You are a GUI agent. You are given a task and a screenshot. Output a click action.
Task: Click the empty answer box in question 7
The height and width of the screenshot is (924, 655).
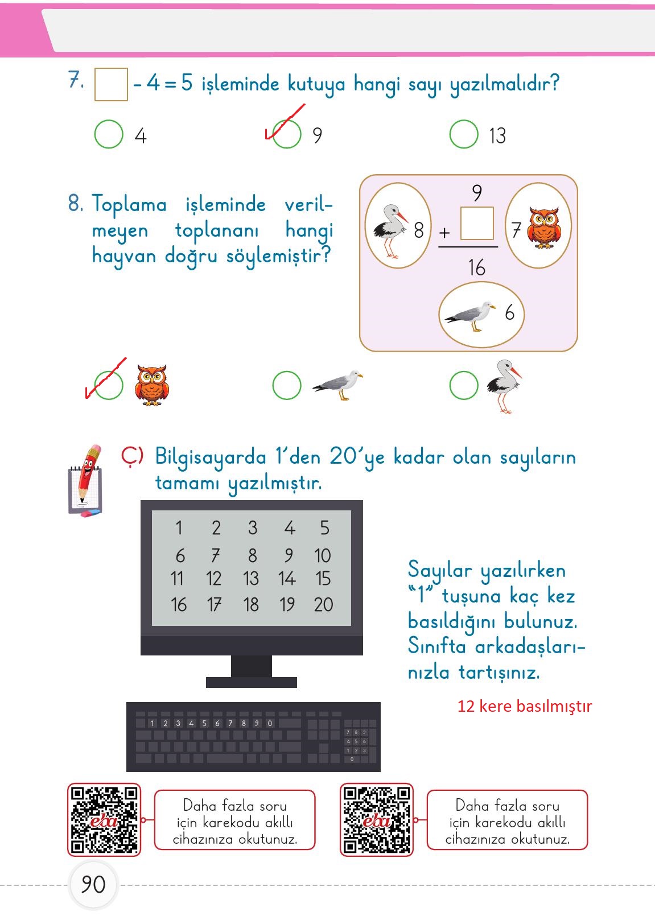point(111,85)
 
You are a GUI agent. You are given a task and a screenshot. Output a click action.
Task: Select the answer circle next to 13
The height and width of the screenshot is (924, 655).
point(464,134)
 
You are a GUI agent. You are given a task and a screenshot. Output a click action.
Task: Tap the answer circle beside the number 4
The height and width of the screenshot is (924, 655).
point(109,134)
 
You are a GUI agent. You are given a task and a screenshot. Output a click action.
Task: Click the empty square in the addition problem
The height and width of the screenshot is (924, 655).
point(477,223)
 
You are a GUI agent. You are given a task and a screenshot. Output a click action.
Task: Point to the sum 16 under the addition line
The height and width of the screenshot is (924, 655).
point(477,267)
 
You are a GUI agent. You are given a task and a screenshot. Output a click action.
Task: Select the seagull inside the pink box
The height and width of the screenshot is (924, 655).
point(470,315)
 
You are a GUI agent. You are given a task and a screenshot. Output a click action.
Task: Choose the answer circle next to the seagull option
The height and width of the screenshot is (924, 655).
point(287,386)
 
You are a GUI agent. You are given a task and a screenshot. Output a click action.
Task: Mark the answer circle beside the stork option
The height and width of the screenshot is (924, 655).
point(464,386)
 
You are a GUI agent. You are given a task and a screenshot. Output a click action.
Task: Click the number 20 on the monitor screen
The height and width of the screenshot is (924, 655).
point(323,604)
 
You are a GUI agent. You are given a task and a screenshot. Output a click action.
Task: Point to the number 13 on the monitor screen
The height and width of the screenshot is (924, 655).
point(251,579)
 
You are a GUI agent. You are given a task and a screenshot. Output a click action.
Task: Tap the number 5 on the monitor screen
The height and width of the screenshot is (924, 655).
point(324,528)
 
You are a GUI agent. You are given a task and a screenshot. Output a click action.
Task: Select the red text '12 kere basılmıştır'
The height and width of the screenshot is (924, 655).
point(525,706)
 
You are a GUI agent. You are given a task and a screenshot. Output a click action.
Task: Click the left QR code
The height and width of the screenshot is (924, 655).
point(104,820)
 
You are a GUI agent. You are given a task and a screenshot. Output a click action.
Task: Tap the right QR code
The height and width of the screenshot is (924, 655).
point(377,820)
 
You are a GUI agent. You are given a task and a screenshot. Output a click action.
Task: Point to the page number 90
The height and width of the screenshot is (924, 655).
point(93,885)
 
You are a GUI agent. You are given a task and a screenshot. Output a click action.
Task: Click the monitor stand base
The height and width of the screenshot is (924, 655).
point(252,682)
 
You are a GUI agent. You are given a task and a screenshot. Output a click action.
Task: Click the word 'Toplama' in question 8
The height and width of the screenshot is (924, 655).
point(130,204)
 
